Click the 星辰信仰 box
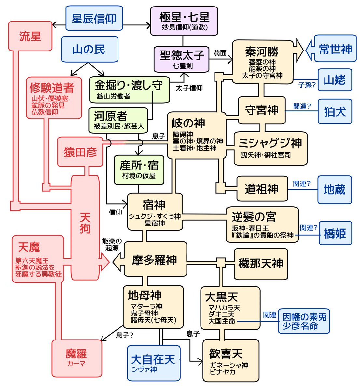(x=94, y=18)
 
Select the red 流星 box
(x=30, y=36)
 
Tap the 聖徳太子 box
(x=182, y=59)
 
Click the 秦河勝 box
(x=262, y=62)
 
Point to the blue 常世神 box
(x=335, y=49)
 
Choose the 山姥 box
(x=335, y=80)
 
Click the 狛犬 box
(x=335, y=111)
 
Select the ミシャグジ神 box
(x=270, y=148)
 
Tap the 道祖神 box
(x=262, y=189)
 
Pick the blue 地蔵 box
(x=334, y=189)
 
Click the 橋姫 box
(x=335, y=233)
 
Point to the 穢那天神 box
(x=261, y=264)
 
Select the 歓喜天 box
(x=230, y=360)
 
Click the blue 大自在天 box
(x=154, y=363)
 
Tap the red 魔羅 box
(x=76, y=357)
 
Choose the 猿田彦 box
(x=80, y=152)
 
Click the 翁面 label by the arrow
(x=220, y=53)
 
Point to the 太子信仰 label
(x=189, y=88)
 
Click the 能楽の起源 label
(x=112, y=244)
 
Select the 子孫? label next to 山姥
(x=307, y=85)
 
